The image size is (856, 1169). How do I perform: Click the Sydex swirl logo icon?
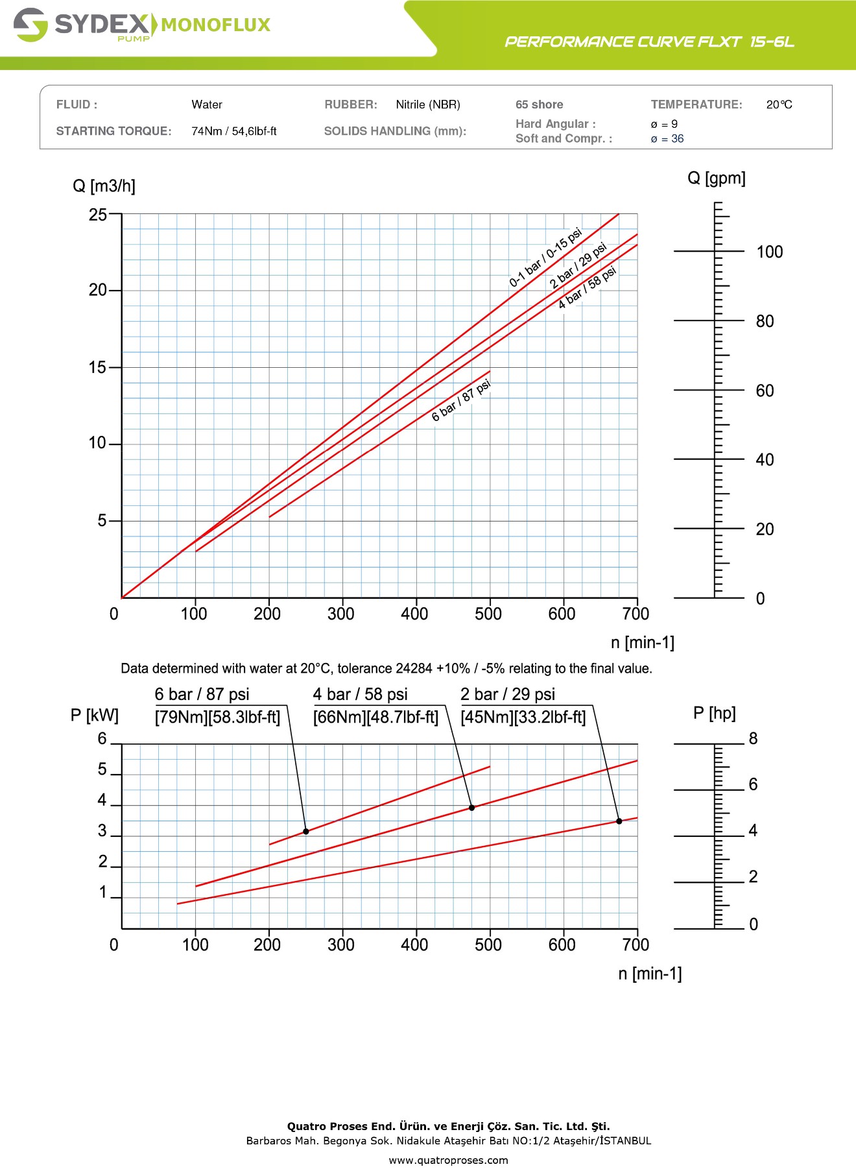[30, 25]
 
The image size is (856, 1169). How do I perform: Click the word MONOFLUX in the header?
[215, 25]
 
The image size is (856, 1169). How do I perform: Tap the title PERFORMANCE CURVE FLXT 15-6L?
[649, 42]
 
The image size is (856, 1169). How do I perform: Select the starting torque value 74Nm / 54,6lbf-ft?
[234, 131]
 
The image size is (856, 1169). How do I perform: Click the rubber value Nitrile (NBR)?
[428, 104]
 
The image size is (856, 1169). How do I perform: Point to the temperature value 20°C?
[779, 104]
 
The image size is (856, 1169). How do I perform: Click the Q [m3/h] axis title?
[104, 186]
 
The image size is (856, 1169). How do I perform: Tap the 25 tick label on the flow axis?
[98, 215]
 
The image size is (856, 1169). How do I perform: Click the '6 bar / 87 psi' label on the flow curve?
[462, 401]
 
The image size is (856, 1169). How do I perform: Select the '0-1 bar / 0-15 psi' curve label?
[545, 258]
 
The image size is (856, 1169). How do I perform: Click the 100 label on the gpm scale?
[770, 252]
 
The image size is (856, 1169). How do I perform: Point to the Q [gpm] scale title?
[717, 178]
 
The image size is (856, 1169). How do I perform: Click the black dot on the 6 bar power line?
[306, 832]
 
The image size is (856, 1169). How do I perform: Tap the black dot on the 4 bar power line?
[471, 808]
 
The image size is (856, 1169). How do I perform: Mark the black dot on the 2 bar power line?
[619, 821]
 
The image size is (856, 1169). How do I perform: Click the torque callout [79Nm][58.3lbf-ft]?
[217, 717]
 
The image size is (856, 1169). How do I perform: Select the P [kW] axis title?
[95, 716]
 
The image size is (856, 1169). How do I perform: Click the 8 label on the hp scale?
[753, 739]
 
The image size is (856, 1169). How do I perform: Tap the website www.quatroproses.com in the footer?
[448, 1160]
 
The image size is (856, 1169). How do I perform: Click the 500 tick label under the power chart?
[488, 945]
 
